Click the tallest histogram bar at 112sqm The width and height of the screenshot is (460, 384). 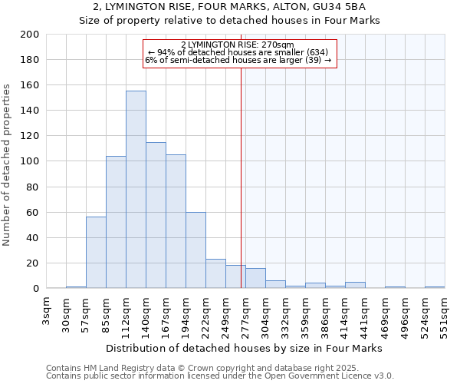tap(136, 190)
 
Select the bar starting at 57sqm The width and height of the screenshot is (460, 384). tap(96, 253)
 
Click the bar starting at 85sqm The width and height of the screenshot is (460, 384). tap(116, 222)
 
